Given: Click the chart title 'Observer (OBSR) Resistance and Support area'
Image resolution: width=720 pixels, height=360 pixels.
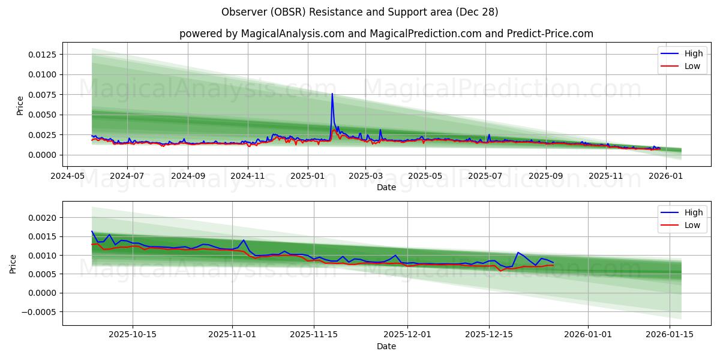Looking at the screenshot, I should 359,12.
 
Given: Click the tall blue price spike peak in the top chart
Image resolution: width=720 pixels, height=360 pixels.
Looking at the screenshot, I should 332,94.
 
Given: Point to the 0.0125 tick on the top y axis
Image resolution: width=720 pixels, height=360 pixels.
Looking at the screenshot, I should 42,55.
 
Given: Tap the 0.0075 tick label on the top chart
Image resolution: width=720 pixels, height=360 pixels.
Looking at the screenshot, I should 42,95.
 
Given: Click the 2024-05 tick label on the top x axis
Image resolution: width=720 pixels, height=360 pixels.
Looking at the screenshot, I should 67,176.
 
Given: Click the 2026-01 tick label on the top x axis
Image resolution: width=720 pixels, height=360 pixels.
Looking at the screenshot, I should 666,176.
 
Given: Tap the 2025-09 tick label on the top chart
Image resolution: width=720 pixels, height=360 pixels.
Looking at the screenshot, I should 545,176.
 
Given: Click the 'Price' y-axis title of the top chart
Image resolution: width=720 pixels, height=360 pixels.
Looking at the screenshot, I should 20,106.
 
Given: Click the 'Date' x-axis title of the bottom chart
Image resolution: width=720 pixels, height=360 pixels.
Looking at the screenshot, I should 386,346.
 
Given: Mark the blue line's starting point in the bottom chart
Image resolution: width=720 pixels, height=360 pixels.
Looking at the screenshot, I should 92,231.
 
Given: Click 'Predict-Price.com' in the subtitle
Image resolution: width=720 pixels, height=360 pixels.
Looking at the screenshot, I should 551,34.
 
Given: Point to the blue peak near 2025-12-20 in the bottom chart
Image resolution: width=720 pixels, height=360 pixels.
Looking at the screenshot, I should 518,253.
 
